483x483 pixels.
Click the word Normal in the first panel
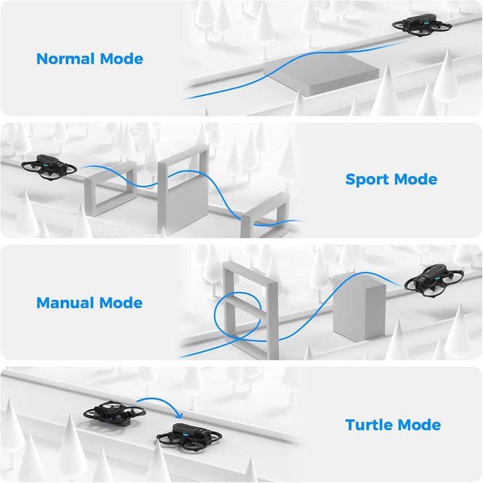coord(65,58)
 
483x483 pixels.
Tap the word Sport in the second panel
coord(367,179)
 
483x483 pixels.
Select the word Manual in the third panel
coord(65,303)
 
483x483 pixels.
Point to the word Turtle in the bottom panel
coord(369,425)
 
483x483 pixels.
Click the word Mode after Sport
coord(415,179)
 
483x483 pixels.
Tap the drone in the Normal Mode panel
coord(422,25)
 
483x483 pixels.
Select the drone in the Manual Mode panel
coord(434,280)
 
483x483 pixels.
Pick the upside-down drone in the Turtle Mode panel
coord(114,413)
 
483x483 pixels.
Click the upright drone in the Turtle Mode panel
coord(189,437)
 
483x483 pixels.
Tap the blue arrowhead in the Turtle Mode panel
coord(179,415)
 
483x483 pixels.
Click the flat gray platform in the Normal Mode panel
coord(321,73)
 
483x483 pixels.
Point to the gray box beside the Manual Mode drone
coord(359,309)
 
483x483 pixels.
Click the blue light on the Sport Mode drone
coord(46,165)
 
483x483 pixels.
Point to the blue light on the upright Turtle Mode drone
coord(184,433)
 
